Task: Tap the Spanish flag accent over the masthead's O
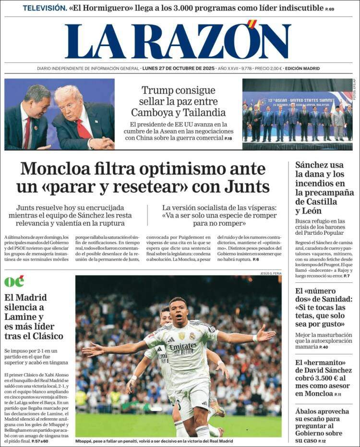pos(252,24)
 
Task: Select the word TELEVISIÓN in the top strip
pos(45,8)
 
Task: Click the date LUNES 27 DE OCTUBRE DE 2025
pos(178,69)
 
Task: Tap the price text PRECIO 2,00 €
pos(268,69)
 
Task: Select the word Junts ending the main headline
pos(245,187)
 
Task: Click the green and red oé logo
pos(14,281)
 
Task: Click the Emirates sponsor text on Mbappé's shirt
pos(182,346)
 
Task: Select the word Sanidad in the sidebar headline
pos(331,299)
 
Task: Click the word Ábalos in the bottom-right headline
pos(310,411)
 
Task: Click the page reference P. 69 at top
pos(330,9)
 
